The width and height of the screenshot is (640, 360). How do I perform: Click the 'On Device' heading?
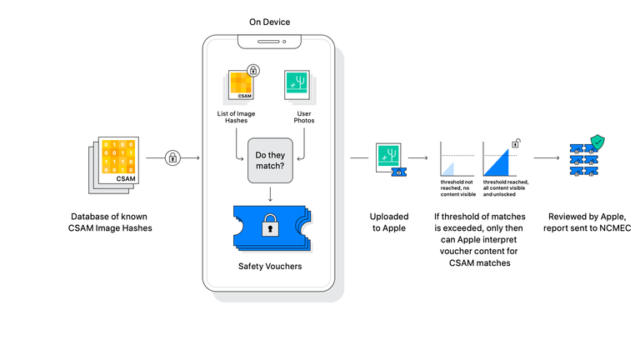point(269,22)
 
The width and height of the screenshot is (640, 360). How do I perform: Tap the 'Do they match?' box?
point(270,160)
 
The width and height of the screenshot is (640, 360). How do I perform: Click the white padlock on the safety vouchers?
point(270,225)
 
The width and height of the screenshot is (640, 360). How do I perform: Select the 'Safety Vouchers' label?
point(270,266)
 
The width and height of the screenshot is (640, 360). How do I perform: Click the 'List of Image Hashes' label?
point(236,117)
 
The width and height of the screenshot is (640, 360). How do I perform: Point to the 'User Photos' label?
point(304,117)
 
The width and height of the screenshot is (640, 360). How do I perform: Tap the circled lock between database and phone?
point(172,157)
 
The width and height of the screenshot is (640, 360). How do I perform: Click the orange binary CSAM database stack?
point(114,165)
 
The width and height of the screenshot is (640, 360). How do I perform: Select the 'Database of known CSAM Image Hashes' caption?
point(110,222)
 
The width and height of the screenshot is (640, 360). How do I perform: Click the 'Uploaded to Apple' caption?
point(389,222)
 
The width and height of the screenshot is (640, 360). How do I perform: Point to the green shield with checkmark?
point(597,142)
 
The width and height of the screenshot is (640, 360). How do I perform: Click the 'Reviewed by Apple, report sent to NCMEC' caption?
point(587,222)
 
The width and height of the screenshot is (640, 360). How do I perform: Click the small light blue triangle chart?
point(448,169)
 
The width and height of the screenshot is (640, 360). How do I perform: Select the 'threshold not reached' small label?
point(458,188)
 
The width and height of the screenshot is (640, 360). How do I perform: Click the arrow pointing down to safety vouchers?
point(270,194)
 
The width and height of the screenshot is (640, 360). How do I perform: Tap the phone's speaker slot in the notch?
point(268,42)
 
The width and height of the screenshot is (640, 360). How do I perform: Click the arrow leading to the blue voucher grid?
point(547,157)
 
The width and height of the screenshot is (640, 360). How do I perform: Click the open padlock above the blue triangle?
point(517,143)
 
